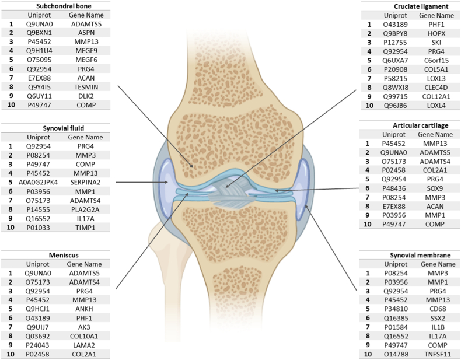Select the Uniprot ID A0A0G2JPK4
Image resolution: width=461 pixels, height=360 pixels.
point(35,182)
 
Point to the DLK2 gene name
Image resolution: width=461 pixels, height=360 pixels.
point(85,95)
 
